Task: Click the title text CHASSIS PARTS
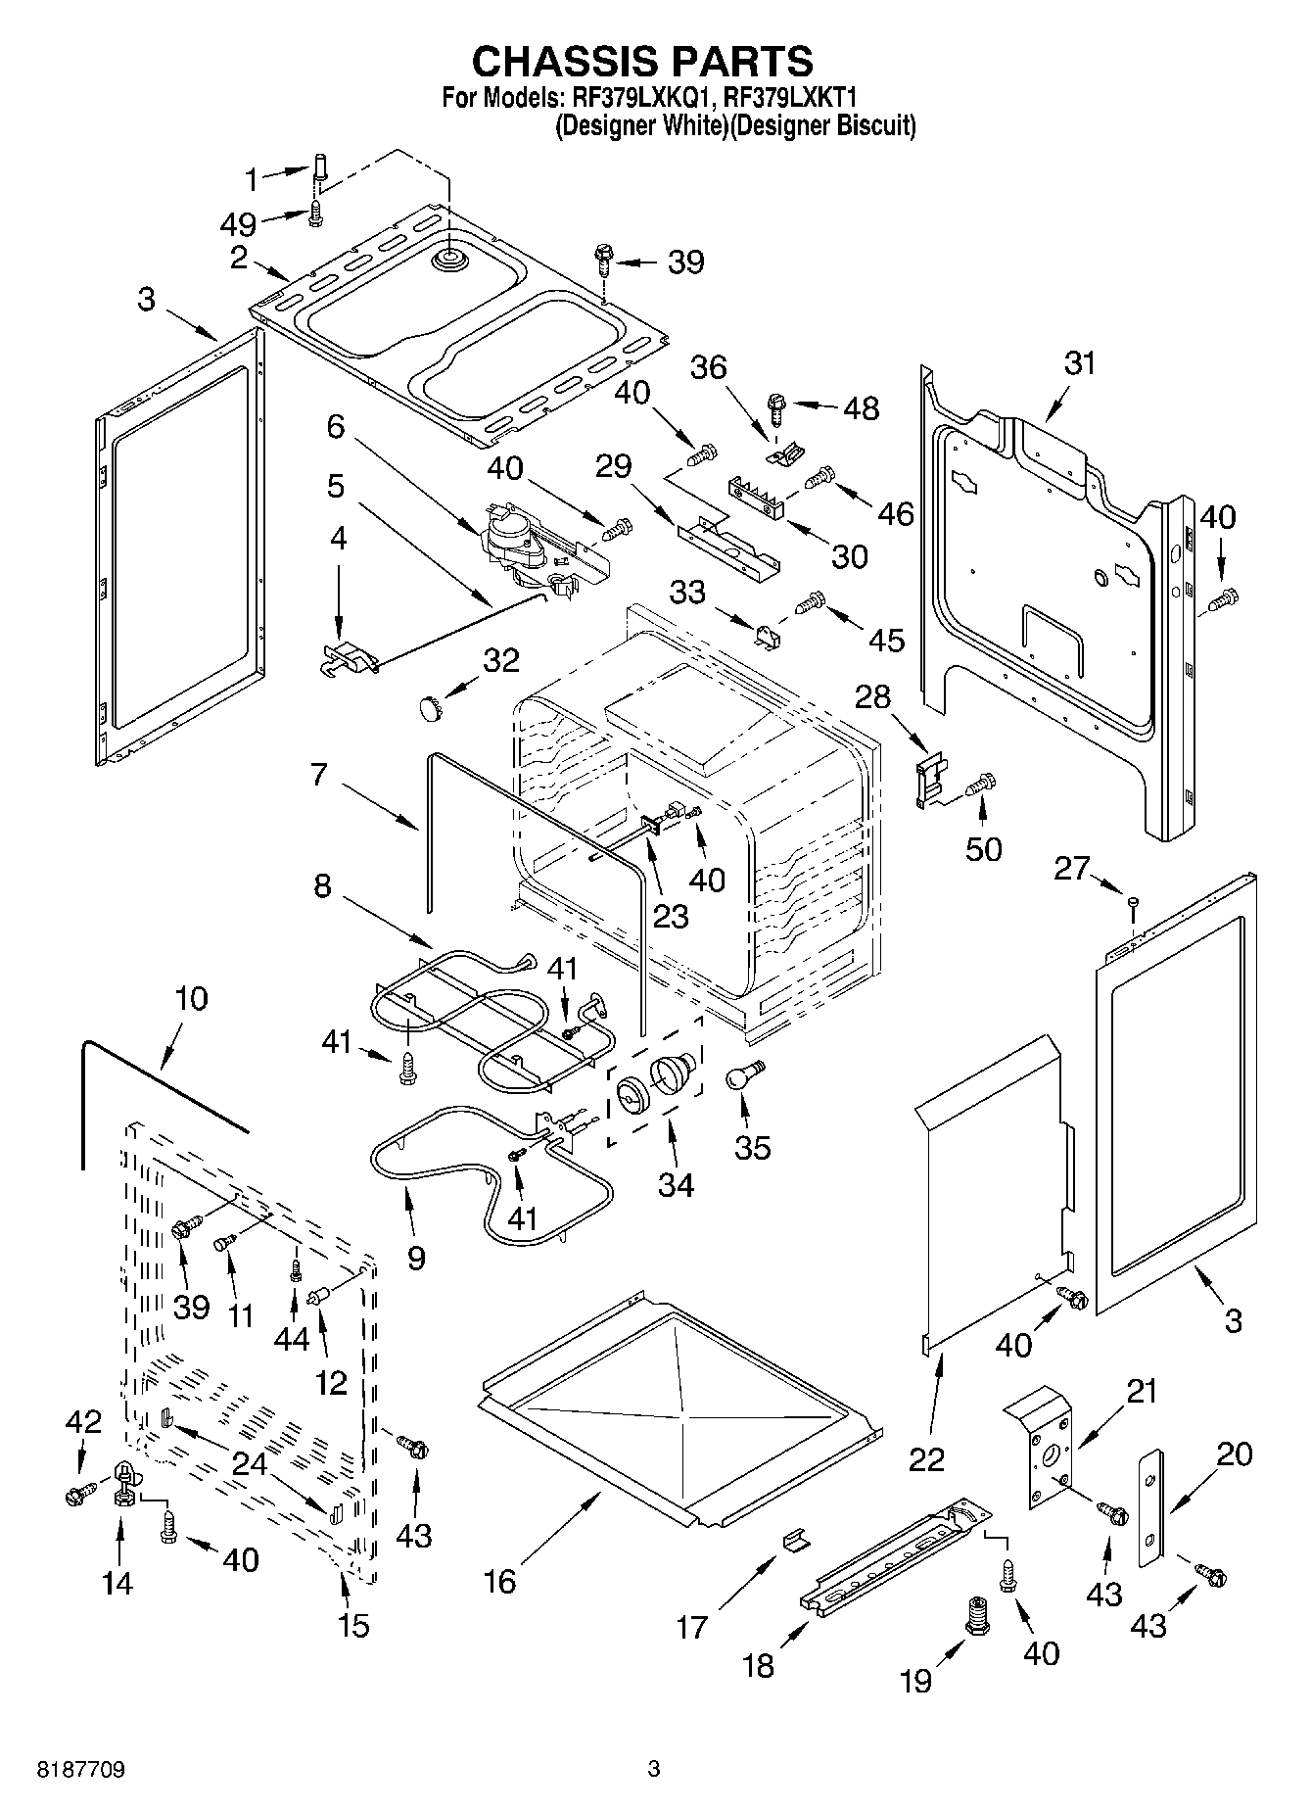point(642,61)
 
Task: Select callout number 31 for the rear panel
point(1079,363)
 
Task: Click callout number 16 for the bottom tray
point(499,1581)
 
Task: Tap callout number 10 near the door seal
point(192,999)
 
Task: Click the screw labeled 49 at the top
point(316,213)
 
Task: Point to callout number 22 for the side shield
point(926,1458)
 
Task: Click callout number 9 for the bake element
point(416,1258)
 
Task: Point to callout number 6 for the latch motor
point(336,426)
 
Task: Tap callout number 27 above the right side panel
point(1071,868)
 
